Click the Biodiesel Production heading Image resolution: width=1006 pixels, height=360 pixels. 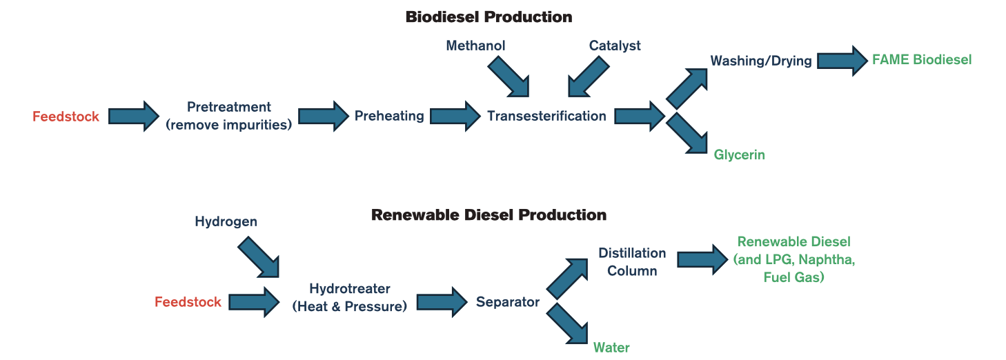tap(489, 17)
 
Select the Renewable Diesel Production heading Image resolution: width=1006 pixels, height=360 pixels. tap(489, 215)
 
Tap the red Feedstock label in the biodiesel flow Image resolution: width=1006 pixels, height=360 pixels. tap(66, 117)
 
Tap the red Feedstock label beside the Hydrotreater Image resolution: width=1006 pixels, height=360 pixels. tap(188, 302)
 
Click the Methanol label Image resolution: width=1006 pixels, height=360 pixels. tap(475, 46)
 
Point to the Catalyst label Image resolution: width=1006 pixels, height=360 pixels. tap(614, 46)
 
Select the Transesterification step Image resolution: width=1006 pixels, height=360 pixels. tap(546, 116)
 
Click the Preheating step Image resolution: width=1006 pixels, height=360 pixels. tap(389, 116)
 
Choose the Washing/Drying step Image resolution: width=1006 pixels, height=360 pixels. tap(761, 61)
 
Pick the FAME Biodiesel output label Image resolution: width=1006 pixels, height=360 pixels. tap(921, 59)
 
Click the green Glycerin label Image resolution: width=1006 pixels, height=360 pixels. tap(739, 154)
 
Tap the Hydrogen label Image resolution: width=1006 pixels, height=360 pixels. tap(226, 221)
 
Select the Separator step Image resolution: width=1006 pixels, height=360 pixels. tap(507, 302)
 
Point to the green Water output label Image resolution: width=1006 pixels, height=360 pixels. tap(611, 347)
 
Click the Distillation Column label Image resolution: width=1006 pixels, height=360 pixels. tap(631, 262)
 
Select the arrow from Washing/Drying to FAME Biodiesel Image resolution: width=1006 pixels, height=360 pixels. tap(842, 61)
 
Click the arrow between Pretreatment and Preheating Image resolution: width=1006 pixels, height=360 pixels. tap(323, 116)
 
